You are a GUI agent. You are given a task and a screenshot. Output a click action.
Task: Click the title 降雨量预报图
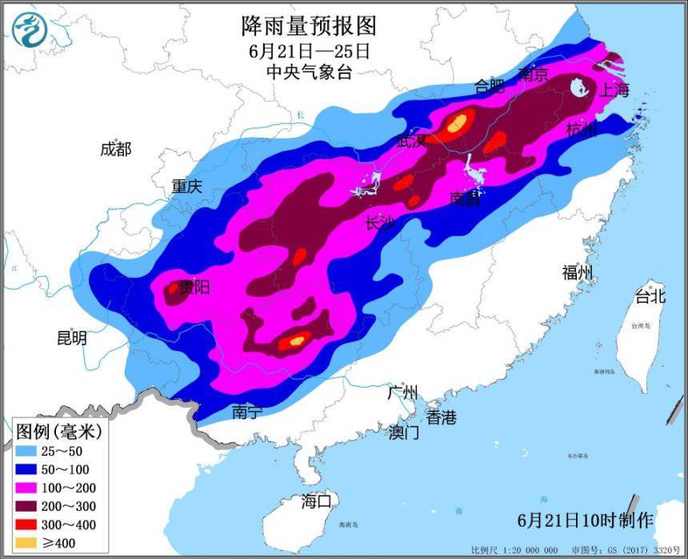tap(308, 27)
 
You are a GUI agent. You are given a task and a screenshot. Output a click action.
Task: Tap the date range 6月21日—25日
tap(308, 50)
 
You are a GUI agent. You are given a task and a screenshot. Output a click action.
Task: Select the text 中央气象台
tap(309, 72)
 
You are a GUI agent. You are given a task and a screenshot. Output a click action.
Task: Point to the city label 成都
tap(115, 149)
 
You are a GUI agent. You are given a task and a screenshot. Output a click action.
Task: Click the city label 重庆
tap(186, 187)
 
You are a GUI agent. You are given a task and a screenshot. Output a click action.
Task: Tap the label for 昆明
tap(71, 338)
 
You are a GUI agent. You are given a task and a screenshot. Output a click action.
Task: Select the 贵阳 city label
tap(194, 287)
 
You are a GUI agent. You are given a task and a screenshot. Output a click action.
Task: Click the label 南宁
tap(247, 412)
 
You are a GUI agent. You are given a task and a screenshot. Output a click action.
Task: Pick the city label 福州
tap(577, 272)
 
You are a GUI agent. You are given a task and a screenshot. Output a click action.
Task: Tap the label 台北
tap(649, 296)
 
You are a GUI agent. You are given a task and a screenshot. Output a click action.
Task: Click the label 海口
tap(316, 502)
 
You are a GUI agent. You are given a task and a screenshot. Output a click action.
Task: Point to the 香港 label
tap(440, 417)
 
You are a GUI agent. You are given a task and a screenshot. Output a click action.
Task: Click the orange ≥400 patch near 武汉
tap(458, 123)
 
